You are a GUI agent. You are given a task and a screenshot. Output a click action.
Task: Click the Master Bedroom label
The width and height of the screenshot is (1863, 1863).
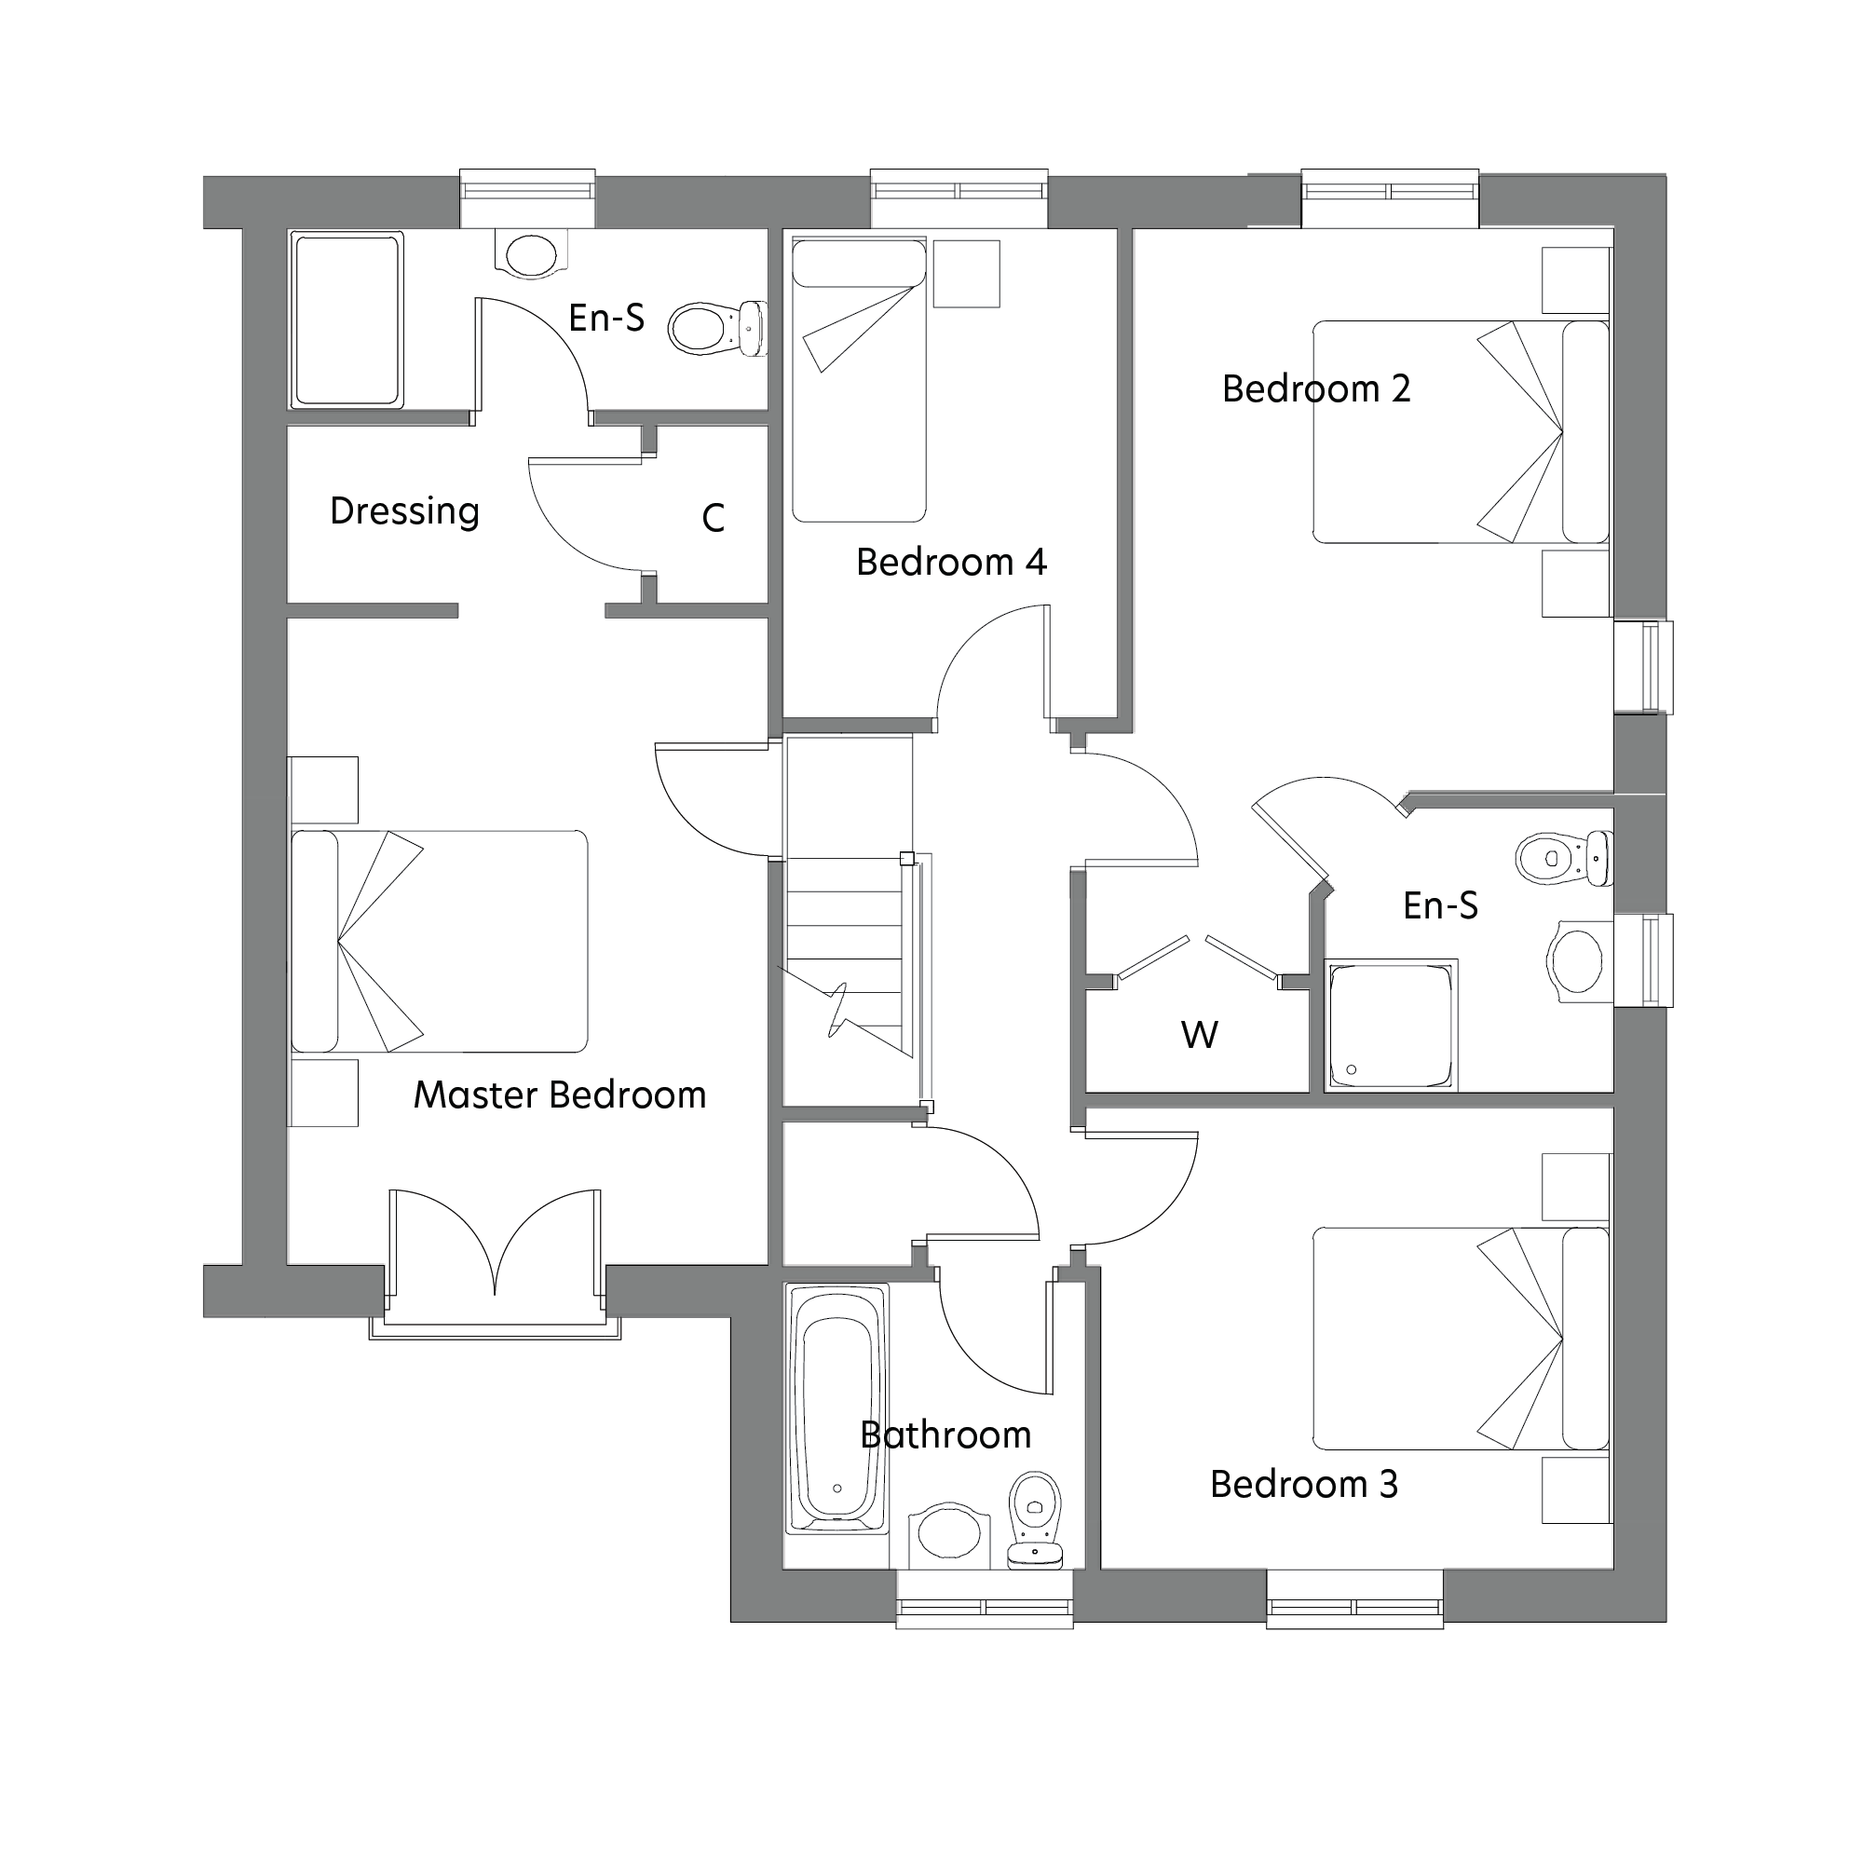559,1095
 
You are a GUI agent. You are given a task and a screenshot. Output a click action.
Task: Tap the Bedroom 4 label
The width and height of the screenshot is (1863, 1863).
951,563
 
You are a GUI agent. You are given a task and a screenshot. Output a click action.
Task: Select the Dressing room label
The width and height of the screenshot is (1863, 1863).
404,511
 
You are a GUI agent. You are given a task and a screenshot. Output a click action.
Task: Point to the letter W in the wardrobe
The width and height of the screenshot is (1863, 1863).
1199,1036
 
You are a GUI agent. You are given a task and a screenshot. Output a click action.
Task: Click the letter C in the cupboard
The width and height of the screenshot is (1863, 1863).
713,519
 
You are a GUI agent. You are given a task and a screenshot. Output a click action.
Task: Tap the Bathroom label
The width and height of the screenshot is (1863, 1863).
945,1435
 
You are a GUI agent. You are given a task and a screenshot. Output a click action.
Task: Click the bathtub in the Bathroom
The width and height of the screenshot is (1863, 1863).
837,1407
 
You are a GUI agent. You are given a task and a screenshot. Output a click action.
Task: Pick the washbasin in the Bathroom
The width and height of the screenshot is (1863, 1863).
949,1533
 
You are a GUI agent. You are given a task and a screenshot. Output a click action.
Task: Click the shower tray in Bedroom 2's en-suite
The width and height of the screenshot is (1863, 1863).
1390,1025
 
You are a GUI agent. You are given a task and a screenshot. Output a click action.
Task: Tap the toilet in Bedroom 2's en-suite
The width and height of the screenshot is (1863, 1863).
1562,857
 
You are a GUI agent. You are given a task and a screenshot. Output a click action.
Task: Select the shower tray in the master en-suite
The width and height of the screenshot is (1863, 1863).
347,320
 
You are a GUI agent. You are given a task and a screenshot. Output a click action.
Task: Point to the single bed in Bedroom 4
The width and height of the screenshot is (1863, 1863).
858,381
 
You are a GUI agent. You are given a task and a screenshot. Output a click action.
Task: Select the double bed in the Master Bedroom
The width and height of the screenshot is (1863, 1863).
439,941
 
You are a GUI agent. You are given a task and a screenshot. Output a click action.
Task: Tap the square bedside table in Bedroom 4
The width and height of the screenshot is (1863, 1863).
966,274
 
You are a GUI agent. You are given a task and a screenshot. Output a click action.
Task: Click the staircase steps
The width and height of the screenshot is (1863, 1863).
845,955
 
